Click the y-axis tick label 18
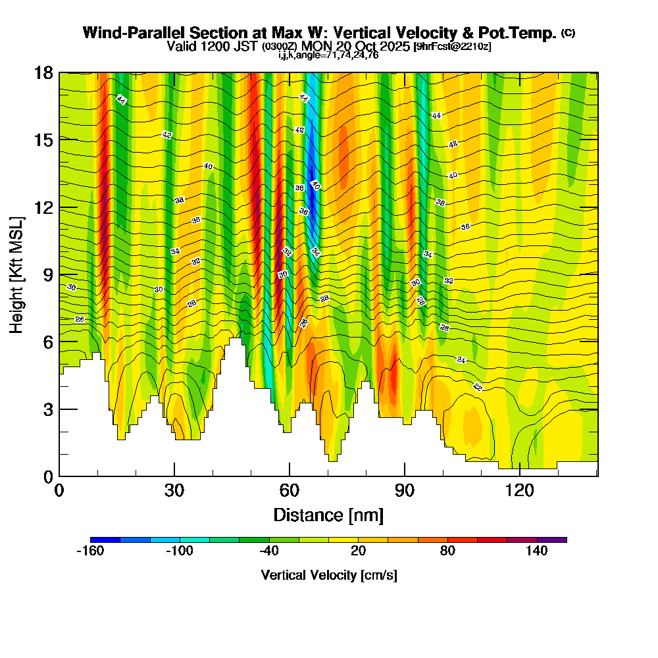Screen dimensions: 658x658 click(43, 72)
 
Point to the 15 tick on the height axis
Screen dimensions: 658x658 click(43, 139)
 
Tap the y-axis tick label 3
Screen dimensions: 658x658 click(47, 409)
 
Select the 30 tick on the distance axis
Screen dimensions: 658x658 click(174, 491)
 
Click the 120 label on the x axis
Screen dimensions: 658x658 click(519, 491)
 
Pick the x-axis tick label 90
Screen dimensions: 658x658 click(405, 491)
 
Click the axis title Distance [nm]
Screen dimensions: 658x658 click(328, 515)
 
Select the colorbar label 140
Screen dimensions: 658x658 click(537, 551)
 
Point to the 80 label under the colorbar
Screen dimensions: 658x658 click(447, 551)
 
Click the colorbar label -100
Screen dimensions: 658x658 click(179, 551)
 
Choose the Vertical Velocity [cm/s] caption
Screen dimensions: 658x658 click(328, 575)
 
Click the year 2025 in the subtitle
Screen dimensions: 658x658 click(390, 47)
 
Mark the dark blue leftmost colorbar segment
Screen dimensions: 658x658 click(105, 540)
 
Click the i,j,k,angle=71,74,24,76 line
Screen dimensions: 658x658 click(328, 55)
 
